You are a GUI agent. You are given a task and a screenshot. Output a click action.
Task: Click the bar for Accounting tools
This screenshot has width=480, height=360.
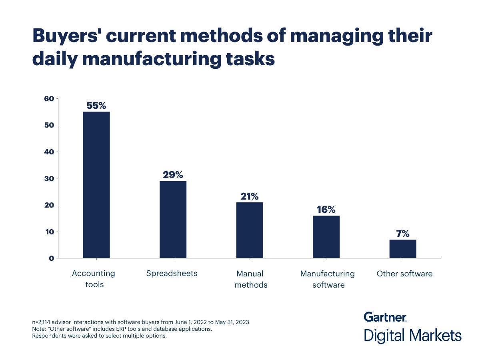[96, 185]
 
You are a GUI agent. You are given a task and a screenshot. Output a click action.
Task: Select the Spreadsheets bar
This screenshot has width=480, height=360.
[173, 219]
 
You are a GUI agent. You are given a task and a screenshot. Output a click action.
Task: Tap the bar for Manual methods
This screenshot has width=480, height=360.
[250, 230]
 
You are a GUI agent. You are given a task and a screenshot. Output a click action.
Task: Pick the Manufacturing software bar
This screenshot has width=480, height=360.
[326, 237]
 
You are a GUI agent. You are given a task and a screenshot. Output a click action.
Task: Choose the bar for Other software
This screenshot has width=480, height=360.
[403, 249]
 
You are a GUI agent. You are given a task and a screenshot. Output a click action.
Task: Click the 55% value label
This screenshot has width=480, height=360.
[96, 106]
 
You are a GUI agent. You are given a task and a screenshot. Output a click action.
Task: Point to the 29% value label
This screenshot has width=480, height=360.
[173, 175]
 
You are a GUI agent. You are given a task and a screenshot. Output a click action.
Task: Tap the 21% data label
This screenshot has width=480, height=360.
[250, 196]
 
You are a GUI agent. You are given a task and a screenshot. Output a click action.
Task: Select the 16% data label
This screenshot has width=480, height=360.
[326, 210]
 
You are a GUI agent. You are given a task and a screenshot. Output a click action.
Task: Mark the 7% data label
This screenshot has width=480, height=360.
[403, 234]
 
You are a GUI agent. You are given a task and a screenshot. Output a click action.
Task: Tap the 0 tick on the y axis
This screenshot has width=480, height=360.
[51, 258]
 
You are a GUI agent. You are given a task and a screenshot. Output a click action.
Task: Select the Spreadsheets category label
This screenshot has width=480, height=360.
[172, 274]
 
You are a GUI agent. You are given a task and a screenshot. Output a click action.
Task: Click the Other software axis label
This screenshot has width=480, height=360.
[404, 274]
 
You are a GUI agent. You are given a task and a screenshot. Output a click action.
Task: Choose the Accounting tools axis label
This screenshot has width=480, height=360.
[93, 279]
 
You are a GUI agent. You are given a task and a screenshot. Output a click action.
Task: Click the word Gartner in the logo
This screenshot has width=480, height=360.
[385, 317]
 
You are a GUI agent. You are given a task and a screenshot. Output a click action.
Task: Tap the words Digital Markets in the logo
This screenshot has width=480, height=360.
[412, 335]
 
